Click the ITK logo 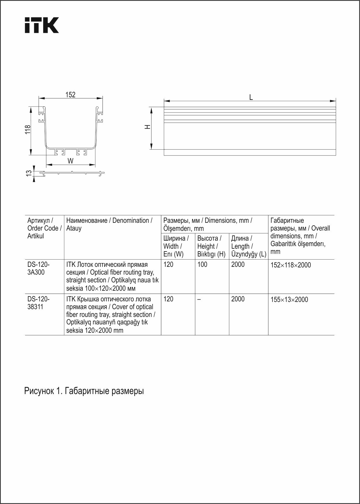(x=41, y=25)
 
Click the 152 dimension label (x=70, y=95)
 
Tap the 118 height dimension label (x=28, y=130)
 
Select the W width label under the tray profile (x=71, y=161)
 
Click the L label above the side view (x=251, y=97)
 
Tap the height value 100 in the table (x=202, y=265)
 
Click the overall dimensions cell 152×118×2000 (x=291, y=265)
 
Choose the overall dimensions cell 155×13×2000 (x=289, y=300)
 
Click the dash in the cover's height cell (x=199, y=299)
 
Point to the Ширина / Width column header (x=176, y=246)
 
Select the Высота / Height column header (x=211, y=246)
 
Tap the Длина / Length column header (x=248, y=246)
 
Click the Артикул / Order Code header (x=44, y=228)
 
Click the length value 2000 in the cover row (x=238, y=299)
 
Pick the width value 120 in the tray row (x=168, y=265)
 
